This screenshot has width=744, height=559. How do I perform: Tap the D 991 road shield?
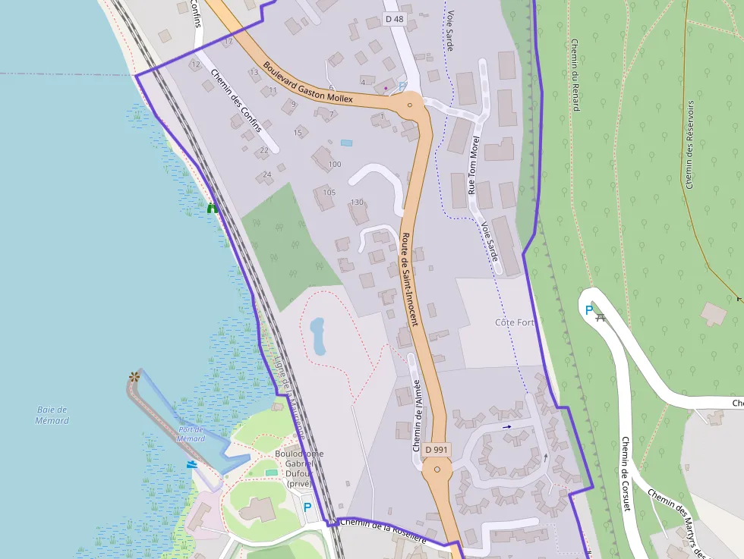click(x=437, y=450)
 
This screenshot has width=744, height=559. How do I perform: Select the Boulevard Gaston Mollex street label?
click(x=308, y=82)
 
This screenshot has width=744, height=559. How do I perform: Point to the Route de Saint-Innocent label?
click(x=409, y=279)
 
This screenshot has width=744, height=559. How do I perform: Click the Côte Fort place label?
click(x=514, y=322)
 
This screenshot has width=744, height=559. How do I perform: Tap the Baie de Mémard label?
click(x=52, y=415)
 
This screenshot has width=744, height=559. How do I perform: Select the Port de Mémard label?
click(x=191, y=434)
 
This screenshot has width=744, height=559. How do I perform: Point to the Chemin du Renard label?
click(x=575, y=74)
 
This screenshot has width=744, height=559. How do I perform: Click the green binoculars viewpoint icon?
click(x=212, y=207)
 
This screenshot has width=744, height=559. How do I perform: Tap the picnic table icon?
click(x=602, y=316)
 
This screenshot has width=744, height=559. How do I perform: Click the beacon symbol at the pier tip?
click(x=135, y=376)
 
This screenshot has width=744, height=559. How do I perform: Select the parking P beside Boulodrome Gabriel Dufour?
click(x=307, y=507)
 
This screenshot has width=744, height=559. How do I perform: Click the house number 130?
click(x=358, y=203)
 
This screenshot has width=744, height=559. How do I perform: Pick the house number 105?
click(x=329, y=192)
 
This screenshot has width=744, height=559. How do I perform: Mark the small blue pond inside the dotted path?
click(x=317, y=336)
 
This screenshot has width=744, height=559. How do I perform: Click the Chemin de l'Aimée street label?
click(x=417, y=416)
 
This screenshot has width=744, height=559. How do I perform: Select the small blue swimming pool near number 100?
click(x=346, y=143)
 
